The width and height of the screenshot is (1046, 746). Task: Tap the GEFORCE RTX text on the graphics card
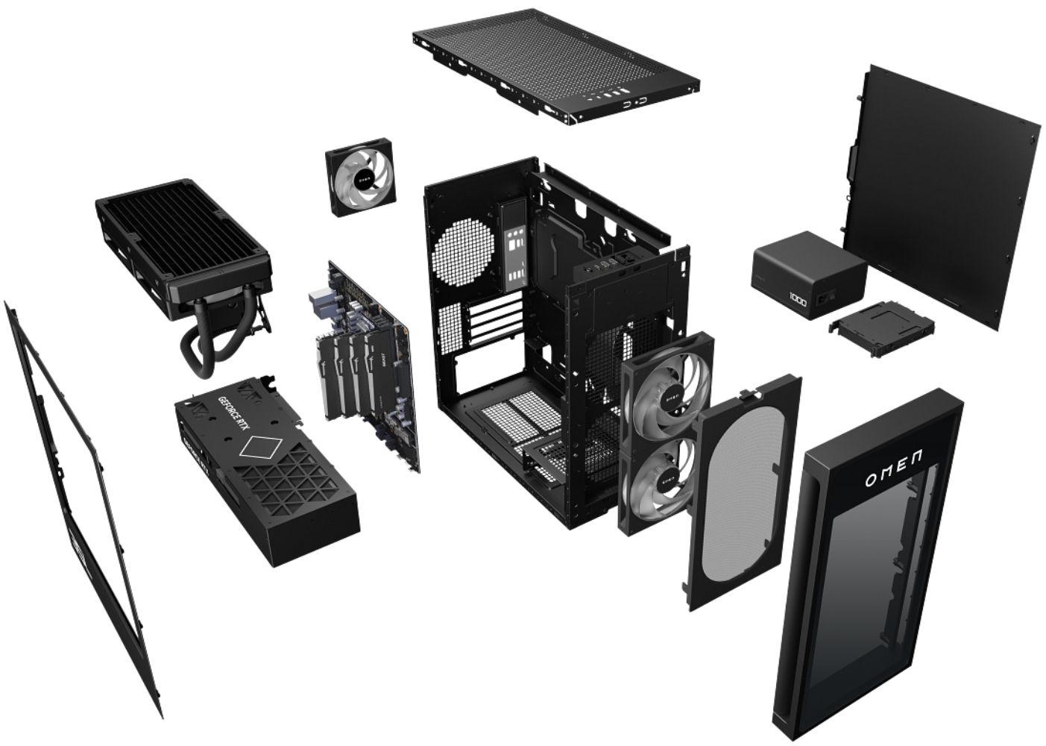pyautogui.click(x=232, y=406)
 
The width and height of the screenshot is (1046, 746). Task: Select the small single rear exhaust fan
pyautogui.click(x=359, y=179)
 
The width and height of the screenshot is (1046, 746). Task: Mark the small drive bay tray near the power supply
pyautogui.click(x=880, y=327)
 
